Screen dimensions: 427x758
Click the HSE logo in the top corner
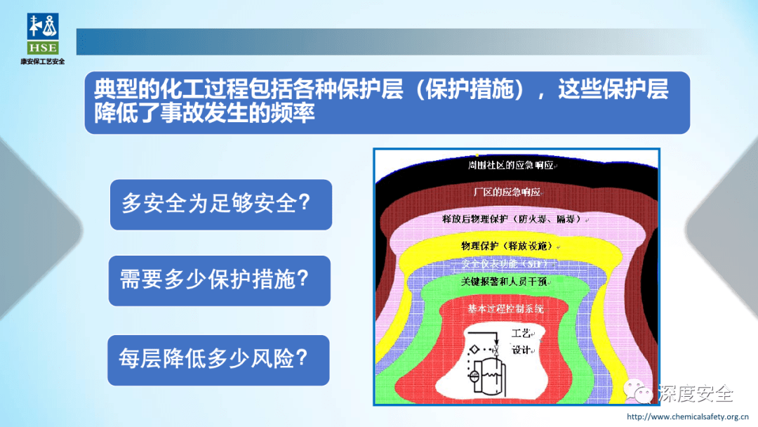coord(43,33)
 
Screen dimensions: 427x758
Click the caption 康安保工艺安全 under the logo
coord(43,62)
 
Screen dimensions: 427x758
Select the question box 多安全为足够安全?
coord(220,204)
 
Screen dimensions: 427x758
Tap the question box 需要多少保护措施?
coord(219,280)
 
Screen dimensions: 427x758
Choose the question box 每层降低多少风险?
coord(218,360)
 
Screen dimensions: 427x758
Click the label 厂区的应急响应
coord(507,192)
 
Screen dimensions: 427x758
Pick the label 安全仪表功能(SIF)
coord(511,264)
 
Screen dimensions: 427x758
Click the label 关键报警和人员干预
coord(505,282)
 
